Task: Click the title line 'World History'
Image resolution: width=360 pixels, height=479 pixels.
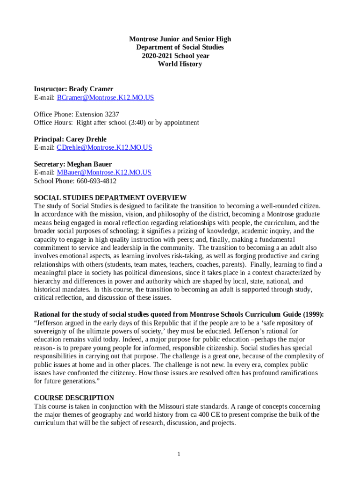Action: click(x=180, y=64)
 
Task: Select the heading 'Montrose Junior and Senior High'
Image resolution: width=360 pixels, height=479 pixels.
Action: click(x=180, y=39)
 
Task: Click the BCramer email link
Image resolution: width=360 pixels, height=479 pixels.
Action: click(x=105, y=98)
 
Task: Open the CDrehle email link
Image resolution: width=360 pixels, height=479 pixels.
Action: click(x=104, y=147)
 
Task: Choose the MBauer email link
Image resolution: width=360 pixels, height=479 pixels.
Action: click(x=104, y=173)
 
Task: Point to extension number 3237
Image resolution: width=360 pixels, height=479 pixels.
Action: click(x=110, y=114)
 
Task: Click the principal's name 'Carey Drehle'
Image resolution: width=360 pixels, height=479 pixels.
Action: click(x=86, y=139)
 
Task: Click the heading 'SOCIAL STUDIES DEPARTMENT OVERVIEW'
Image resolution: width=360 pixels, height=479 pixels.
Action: click(x=110, y=198)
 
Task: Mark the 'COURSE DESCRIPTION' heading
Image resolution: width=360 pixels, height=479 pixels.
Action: click(x=74, y=398)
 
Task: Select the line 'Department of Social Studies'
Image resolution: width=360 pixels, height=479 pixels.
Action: click(x=180, y=47)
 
